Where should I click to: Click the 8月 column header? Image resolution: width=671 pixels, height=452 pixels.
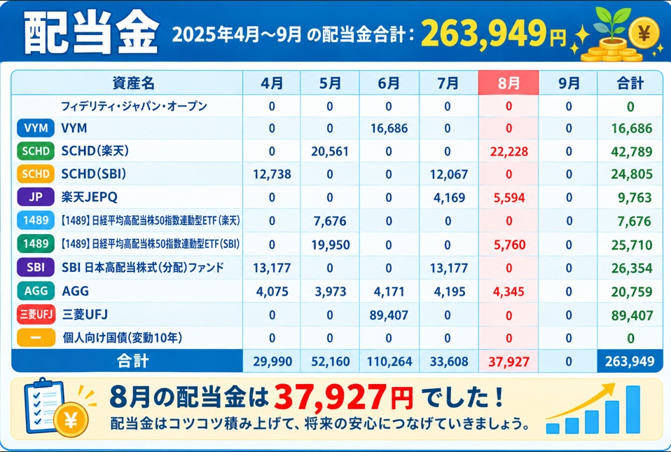tap(509, 83)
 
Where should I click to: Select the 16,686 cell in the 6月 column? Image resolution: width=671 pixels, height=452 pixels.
tap(389, 128)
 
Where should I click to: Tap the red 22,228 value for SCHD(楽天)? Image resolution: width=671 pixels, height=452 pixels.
tap(509, 151)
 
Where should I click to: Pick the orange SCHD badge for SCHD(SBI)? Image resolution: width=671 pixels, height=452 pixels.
tap(36, 174)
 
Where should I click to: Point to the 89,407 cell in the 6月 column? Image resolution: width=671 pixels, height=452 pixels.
tap(389, 315)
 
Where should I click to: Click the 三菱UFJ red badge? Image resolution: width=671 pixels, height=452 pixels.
tap(36, 315)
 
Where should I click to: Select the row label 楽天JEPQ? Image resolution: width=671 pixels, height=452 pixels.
tap(90, 197)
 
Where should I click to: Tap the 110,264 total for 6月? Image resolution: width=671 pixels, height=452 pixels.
tap(389, 362)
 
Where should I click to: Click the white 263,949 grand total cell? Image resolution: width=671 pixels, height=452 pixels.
tap(630, 362)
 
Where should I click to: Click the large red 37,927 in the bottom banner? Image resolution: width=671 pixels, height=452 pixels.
tap(331, 397)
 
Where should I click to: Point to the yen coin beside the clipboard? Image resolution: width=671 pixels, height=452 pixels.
tap(71, 420)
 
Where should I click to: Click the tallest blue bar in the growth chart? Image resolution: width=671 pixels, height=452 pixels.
tap(633, 410)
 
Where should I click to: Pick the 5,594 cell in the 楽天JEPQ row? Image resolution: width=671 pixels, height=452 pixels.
tap(509, 198)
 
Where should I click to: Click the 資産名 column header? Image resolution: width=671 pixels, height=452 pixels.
tap(133, 83)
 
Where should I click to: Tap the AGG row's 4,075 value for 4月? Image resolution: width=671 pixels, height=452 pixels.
tap(272, 292)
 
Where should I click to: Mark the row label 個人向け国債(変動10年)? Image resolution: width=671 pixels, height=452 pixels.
tap(123, 338)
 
